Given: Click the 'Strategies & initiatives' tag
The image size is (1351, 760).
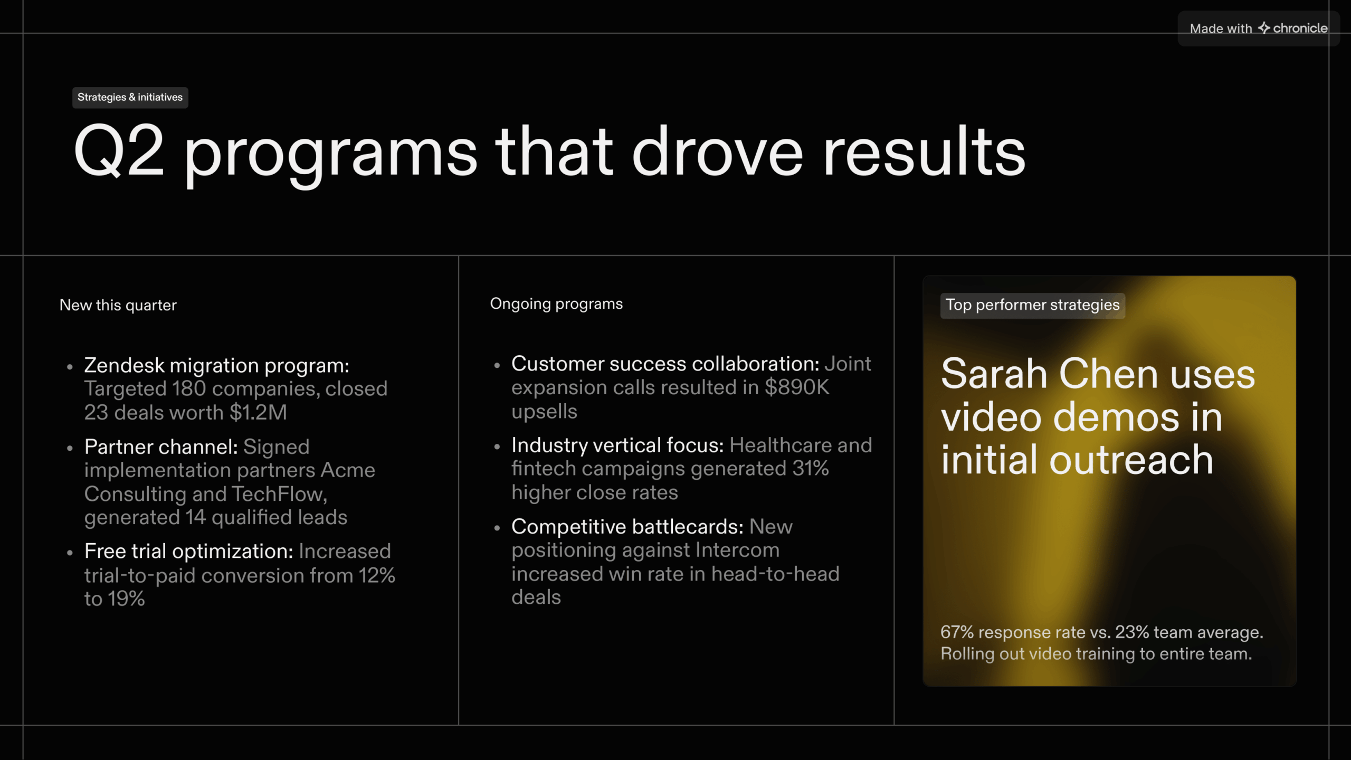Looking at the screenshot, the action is [130, 98].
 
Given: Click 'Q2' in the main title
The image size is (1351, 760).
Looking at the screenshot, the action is [119, 151].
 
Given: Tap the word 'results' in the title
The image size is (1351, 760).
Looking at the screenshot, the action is [924, 151].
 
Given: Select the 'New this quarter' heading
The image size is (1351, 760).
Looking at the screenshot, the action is [118, 305].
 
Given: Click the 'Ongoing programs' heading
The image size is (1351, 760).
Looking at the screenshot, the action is [556, 304].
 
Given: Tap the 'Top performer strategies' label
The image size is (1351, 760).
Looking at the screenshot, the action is [1032, 305].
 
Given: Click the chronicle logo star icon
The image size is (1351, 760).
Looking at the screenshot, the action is [1264, 27].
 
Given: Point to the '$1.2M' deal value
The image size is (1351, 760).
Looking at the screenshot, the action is [258, 412].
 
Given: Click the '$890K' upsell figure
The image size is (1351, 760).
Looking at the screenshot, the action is [797, 387].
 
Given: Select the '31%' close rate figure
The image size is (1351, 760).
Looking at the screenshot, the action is [810, 468].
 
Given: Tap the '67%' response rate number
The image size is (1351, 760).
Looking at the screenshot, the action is [957, 632].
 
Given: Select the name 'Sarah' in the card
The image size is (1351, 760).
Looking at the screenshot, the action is [994, 374].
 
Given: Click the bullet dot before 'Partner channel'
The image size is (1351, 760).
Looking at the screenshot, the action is [70, 448].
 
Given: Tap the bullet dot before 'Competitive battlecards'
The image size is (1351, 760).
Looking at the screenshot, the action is [497, 528].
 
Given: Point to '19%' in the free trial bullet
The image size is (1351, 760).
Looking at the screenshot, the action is [126, 599].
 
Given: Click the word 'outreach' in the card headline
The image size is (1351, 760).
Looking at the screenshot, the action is [1131, 459].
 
